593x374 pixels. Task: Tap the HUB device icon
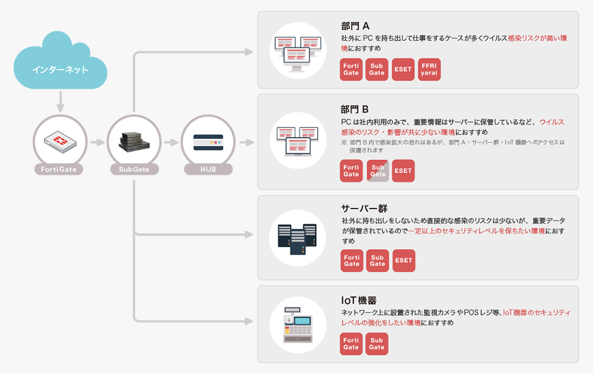pos(208,142)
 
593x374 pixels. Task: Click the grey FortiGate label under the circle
pos(59,170)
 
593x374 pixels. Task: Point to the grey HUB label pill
pos(208,170)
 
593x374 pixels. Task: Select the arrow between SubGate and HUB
pos(171,142)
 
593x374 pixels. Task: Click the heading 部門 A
pos(355,26)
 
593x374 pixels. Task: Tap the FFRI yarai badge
pos(429,69)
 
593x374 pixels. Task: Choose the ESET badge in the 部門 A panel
pos(403,69)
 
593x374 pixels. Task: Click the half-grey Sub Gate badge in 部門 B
pos(378,171)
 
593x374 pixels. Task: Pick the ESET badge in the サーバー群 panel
pos(403,260)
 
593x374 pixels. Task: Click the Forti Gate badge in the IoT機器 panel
pos(351,344)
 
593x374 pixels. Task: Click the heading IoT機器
pos(359,300)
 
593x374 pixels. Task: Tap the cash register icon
pos(298,324)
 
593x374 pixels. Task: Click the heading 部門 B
pos(355,109)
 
